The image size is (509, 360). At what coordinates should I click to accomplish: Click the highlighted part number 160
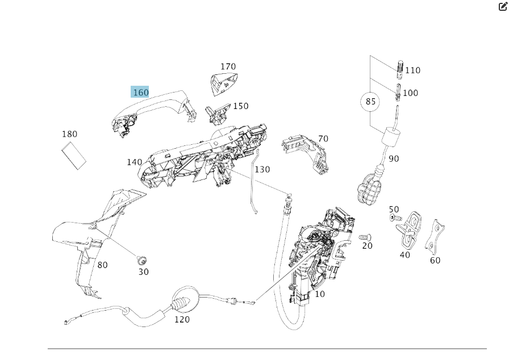point(140,92)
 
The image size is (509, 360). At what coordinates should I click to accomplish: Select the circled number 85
point(370,102)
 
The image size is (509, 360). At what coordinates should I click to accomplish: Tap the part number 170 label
point(228,67)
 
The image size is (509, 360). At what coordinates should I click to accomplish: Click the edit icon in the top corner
point(503,7)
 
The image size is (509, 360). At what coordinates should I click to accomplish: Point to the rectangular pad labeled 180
point(74,154)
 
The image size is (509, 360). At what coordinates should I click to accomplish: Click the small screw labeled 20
point(365,236)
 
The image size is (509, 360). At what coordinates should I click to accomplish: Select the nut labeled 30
point(142,261)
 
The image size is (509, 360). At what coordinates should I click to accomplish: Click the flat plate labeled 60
point(435,237)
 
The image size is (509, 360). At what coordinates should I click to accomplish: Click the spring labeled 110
point(399,69)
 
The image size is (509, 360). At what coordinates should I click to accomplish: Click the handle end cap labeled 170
point(223,83)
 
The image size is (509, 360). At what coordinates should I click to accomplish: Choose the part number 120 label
point(182,320)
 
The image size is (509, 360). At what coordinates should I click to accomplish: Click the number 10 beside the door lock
point(320,294)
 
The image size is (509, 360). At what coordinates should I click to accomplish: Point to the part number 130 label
point(262,169)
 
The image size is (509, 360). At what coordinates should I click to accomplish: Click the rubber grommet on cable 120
point(180,303)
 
